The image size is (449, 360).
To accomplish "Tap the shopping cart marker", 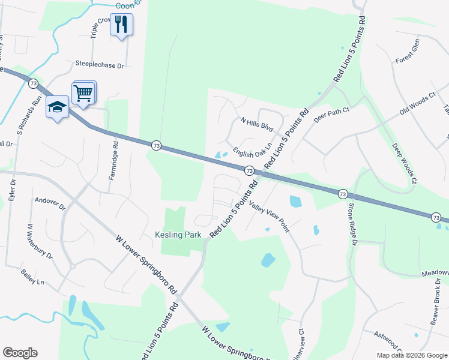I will click(83, 93).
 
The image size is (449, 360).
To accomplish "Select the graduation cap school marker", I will click(58, 107).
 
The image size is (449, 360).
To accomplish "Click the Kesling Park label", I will click(178, 235).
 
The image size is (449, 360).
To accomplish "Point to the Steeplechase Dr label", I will click(99, 64).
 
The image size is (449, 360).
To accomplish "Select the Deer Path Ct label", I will click(331, 114).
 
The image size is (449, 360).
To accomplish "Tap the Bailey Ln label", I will click(32, 281).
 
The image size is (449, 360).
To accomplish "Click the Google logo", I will click(20, 353).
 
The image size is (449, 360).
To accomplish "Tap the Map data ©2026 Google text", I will click(411, 355).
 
